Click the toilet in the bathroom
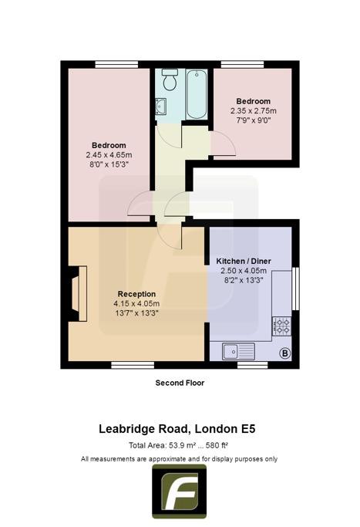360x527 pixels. pyautogui.click(x=170, y=79)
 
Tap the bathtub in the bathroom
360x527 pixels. pyautogui.click(x=197, y=94)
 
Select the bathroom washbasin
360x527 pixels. pyautogui.click(x=161, y=106)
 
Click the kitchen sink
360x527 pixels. pyautogui.click(x=238, y=351)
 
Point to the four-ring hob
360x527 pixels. pyautogui.click(x=281, y=326)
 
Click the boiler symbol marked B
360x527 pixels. pyautogui.click(x=285, y=353)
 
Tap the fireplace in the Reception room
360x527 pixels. pyautogui.click(x=79, y=293)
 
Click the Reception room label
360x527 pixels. pyautogui.click(x=136, y=294)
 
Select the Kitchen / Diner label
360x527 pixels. pyautogui.click(x=244, y=261)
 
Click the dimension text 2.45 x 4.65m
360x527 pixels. pyautogui.click(x=109, y=155)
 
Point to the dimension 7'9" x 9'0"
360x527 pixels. pyautogui.click(x=254, y=120)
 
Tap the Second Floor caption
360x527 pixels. pyautogui.click(x=180, y=383)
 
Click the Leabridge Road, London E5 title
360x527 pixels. pyautogui.click(x=177, y=429)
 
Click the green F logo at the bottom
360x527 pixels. pyautogui.click(x=180, y=492)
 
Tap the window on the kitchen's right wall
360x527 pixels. pyautogui.click(x=295, y=289)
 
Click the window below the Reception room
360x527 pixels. pyautogui.click(x=133, y=365)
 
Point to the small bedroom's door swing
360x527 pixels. pyautogui.click(x=224, y=144)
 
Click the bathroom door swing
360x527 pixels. pyautogui.click(x=169, y=137)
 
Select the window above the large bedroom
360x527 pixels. pyautogui.click(x=116, y=64)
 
